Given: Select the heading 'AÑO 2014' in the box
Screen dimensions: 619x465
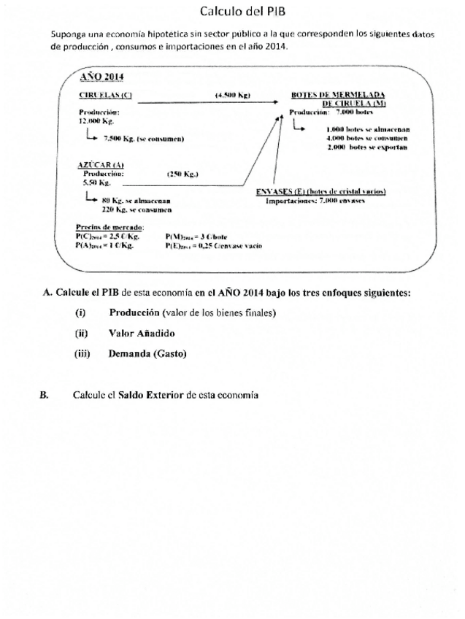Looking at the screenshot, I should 102,77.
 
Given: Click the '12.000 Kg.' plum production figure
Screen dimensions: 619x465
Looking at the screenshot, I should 91,121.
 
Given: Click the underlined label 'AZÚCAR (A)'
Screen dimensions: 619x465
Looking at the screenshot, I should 100,166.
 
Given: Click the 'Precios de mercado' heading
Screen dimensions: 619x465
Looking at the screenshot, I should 109,228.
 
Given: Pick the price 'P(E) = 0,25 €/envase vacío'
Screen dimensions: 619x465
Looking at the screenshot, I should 214,246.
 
